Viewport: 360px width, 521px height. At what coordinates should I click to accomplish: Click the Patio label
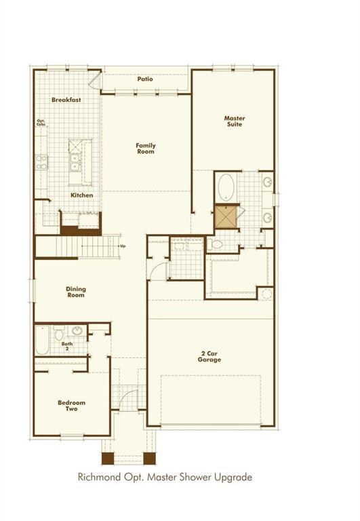pyautogui.click(x=145, y=79)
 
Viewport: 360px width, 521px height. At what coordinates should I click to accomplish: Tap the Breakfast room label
pyautogui.click(x=66, y=100)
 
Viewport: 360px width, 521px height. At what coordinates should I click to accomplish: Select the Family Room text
pyautogui.click(x=145, y=148)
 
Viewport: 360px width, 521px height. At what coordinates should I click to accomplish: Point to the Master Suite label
pyautogui.click(x=235, y=121)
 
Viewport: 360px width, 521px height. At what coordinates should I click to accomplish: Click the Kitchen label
pyautogui.click(x=82, y=195)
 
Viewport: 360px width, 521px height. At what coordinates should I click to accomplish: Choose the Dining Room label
pyautogui.click(x=76, y=292)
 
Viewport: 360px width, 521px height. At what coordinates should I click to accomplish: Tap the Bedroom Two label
pyautogui.click(x=71, y=406)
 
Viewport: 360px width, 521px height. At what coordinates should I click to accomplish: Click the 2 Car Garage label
pyautogui.click(x=210, y=356)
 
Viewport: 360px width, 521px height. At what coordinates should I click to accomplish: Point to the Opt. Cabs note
pyautogui.click(x=41, y=124)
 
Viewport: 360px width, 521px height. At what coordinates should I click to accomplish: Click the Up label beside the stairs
pyautogui.click(x=122, y=246)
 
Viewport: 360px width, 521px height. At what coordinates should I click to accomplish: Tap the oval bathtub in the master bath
pyautogui.click(x=226, y=187)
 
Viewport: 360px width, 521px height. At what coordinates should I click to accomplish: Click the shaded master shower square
pyautogui.click(x=225, y=216)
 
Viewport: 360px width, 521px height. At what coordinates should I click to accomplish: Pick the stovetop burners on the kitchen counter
pyautogui.click(x=42, y=161)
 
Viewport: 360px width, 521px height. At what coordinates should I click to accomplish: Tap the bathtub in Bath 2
pyautogui.click(x=42, y=341)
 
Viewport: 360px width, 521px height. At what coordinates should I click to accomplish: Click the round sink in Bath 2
pyautogui.click(x=77, y=332)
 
